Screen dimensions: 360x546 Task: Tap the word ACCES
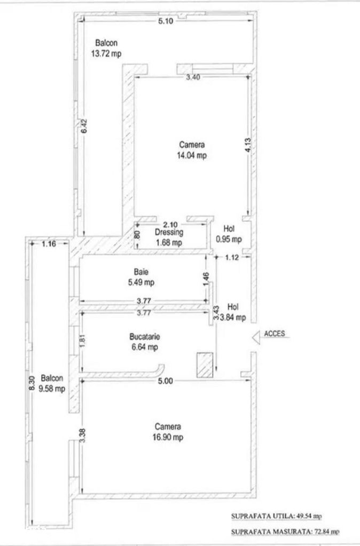(275, 334)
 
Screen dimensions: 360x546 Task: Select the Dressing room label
(169, 232)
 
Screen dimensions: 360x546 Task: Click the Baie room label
(141, 272)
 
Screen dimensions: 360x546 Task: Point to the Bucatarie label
(145, 337)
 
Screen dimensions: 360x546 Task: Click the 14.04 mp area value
(192, 155)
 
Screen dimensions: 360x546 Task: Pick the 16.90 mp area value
(168, 437)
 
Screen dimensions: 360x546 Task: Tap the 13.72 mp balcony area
(106, 53)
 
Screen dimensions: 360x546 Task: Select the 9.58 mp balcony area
(52, 389)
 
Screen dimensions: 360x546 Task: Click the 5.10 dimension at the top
(166, 21)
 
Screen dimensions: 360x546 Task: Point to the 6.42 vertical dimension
(84, 126)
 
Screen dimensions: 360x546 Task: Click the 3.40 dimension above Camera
(193, 77)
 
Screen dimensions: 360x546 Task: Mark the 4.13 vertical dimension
(248, 145)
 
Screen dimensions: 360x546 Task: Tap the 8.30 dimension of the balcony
(32, 383)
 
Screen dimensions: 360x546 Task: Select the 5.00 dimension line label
(166, 381)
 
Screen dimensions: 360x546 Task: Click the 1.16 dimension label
(49, 244)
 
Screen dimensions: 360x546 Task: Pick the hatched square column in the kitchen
(205, 365)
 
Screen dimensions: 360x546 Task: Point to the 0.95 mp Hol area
(229, 239)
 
